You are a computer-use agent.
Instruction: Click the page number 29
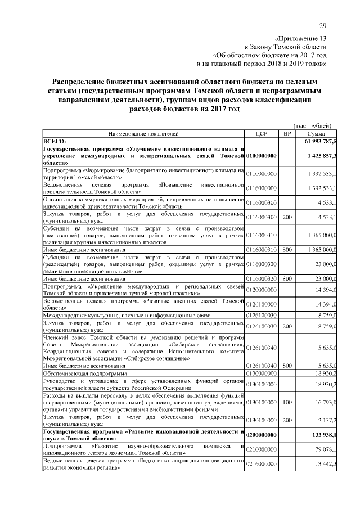pyautogui.click(x=323, y=25)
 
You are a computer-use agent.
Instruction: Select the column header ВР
pyautogui.click(x=287, y=134)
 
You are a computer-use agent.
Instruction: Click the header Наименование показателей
pyautogui.click(x=143, y=134)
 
